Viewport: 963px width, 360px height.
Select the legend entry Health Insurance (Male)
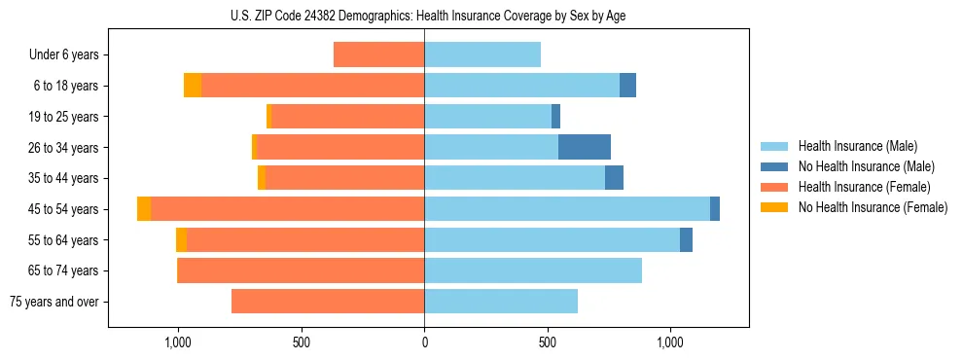[857, 146]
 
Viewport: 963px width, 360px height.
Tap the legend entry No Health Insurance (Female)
[873, 207]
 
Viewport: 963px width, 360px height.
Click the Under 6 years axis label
[63, 54]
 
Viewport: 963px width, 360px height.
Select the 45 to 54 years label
[64, 209]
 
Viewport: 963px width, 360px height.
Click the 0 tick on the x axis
[424, 342]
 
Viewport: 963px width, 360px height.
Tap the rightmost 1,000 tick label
[670, 342]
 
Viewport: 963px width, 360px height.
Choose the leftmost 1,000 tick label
[178, 342]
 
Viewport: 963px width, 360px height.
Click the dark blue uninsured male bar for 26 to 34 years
[585, 147]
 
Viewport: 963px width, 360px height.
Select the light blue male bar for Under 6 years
[482, 54]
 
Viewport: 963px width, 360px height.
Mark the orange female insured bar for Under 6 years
[378, 54]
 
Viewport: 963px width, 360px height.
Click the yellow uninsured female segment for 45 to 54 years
[144, 209]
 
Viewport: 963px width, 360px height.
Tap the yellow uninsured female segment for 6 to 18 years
[193, 86]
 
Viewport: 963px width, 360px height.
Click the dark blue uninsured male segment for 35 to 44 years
[614, 178]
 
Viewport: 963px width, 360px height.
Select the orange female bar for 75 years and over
[328, 302]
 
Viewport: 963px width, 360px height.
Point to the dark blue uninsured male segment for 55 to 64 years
[686, 239]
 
